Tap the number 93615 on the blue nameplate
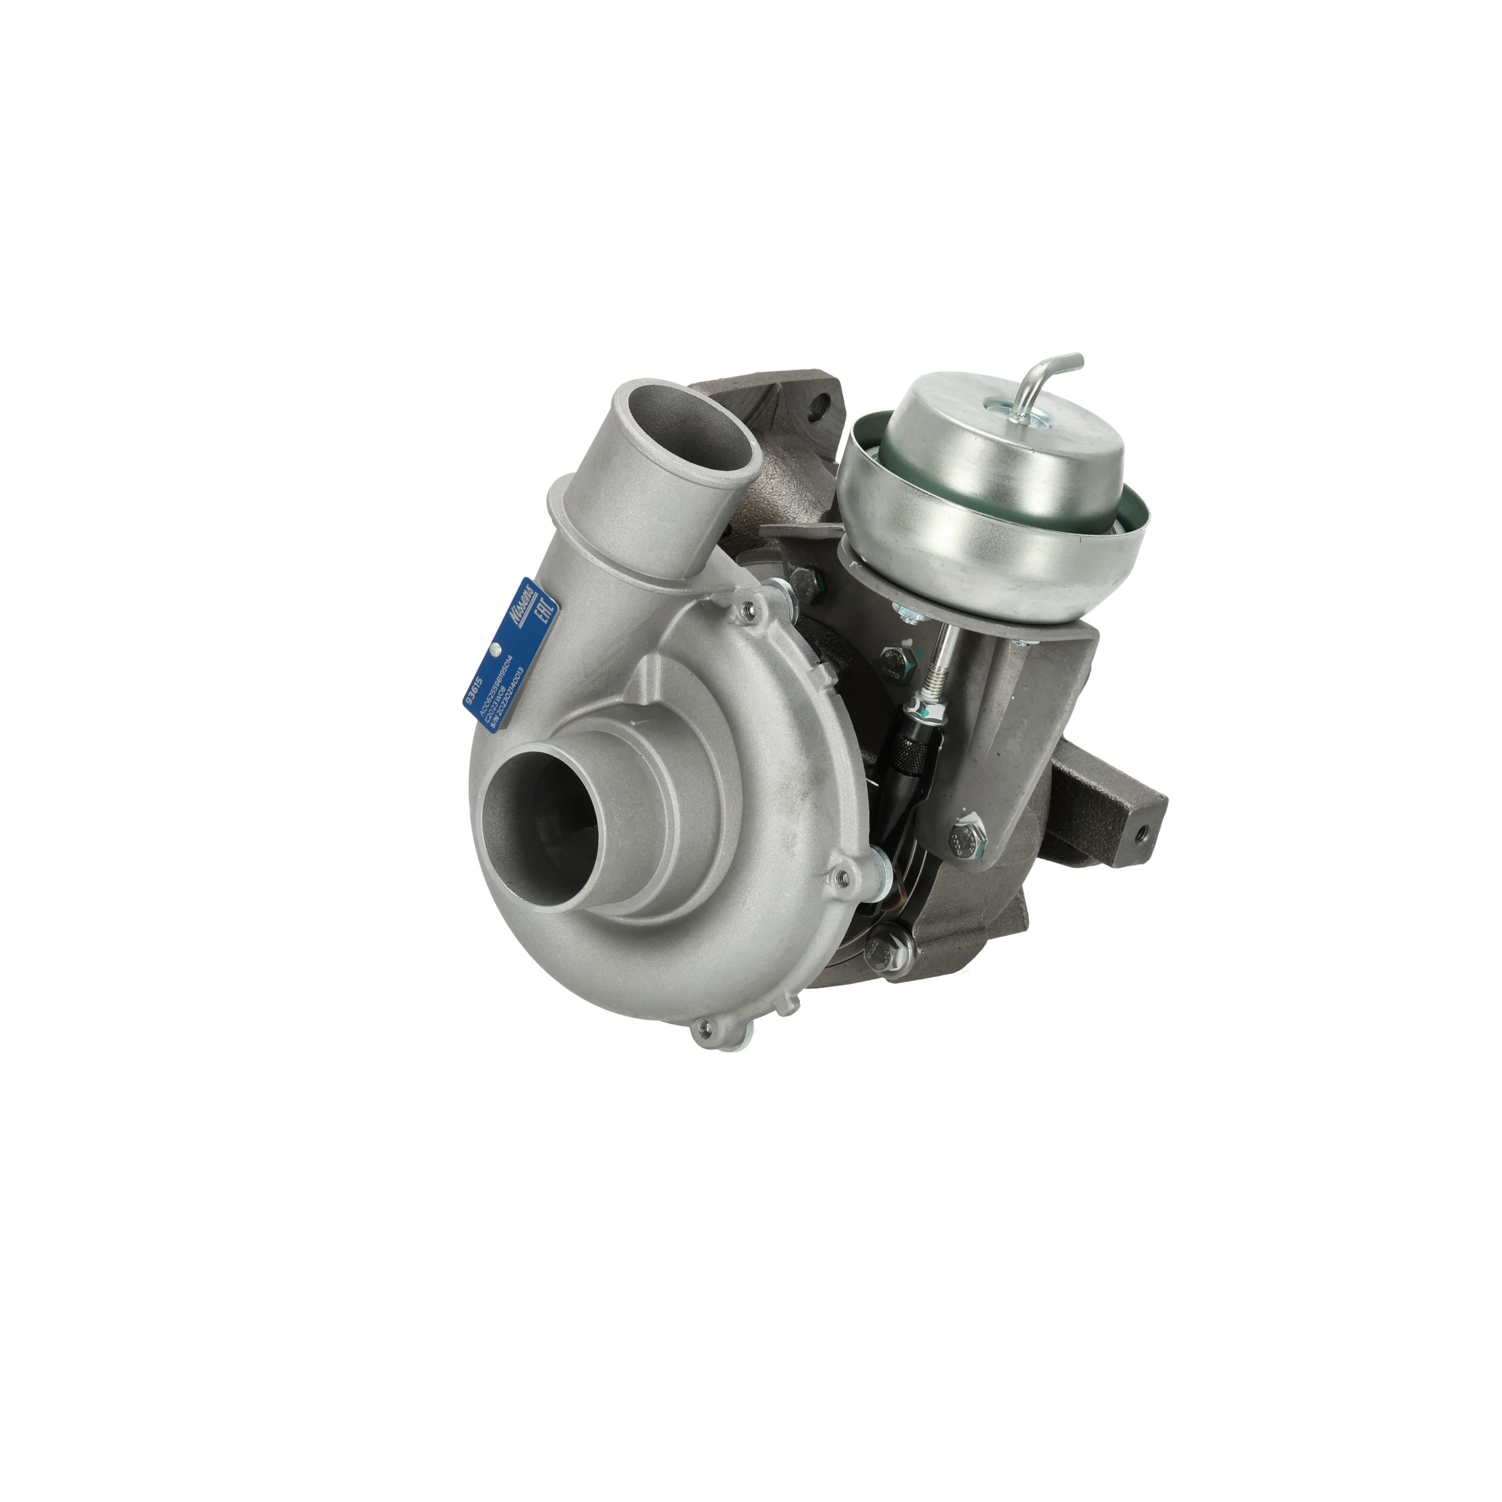click(472, 688)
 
